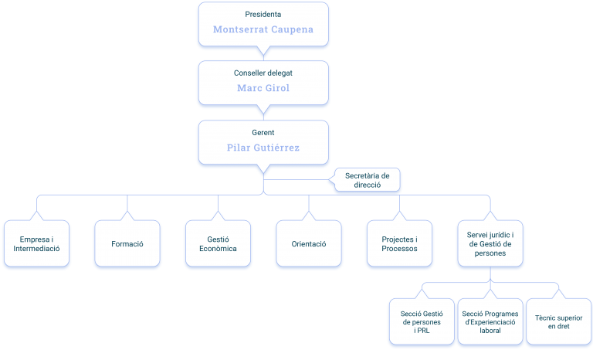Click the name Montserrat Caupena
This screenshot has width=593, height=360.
point(263,29)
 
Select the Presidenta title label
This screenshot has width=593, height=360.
point(263,15)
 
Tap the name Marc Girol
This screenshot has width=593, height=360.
point(263,88)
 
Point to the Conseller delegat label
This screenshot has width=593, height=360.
point(263,73)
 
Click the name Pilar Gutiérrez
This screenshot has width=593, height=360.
point(263,148)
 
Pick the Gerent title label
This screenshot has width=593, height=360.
point(263,133)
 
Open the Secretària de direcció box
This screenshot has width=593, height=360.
point(368,180)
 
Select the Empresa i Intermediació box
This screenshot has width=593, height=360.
point(37,244)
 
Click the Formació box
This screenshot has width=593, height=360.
point(127,244)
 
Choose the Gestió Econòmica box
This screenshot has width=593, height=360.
point(219,244)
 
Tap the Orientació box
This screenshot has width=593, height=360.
point(309,244)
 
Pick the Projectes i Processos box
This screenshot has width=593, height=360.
point(400,244)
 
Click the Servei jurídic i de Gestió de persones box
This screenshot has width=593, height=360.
point(490,244)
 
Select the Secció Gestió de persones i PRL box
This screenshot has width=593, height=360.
point(422,322)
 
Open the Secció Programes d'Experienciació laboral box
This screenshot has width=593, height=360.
point(490,322)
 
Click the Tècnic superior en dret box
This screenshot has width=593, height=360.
point(558,322)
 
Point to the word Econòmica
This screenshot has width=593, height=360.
point(219,249)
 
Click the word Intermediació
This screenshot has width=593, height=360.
point(37,249)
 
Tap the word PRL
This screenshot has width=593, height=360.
point(423,331)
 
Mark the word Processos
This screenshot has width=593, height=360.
point(400,249)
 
